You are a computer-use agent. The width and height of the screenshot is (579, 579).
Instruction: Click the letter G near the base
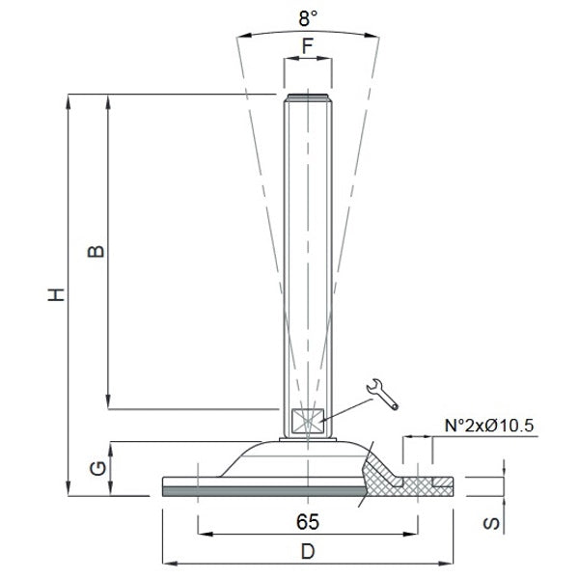(95, 470)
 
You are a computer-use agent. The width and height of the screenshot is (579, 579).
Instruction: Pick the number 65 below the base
(307, 521)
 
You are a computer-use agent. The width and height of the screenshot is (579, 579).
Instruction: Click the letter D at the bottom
(307, 553)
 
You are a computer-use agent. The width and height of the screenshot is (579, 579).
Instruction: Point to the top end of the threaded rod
(307, 96)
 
